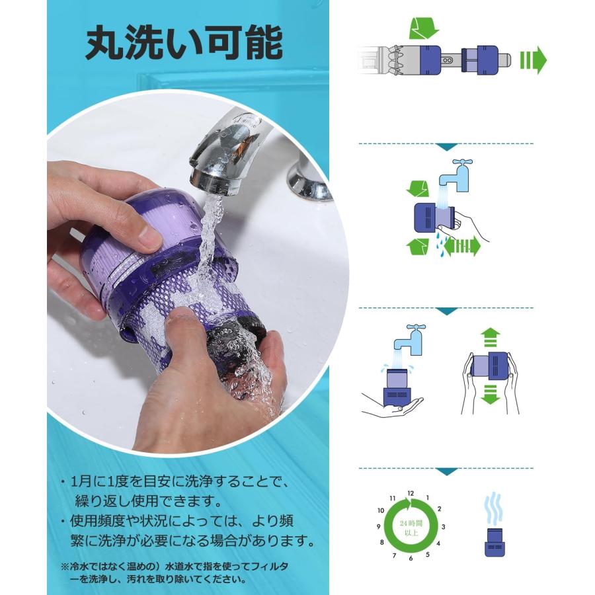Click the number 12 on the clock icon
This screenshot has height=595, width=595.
tap(411, 493)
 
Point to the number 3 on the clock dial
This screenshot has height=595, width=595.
tap(443, 527)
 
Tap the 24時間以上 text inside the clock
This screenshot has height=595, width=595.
tap(411, 526)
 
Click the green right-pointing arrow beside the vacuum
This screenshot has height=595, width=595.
tap(533, 59)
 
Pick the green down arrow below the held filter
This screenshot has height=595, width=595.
tap(489, 395)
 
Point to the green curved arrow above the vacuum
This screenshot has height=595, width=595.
tap(423, 29)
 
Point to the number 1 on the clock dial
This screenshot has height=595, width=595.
tap(428, 497)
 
